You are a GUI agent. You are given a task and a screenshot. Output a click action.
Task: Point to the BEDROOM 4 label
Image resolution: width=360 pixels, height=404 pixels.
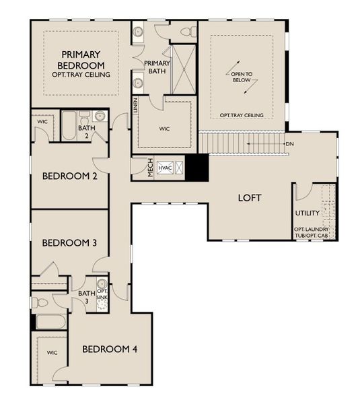click(110, 349)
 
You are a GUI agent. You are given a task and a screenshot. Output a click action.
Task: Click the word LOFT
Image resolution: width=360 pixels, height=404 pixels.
click(249, 198)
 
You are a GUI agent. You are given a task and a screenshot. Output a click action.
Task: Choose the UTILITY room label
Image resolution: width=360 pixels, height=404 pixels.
click(307, 213)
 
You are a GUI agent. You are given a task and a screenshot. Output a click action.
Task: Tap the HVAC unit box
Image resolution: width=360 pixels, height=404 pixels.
click(166, 168)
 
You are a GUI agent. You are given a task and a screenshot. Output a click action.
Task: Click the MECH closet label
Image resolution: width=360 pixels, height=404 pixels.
click(152, 168)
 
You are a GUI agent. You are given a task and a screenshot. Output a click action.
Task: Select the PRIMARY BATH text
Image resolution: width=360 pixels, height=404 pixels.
click(157, 66)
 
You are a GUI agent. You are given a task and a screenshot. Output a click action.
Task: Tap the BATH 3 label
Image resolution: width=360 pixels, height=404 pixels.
click(86, 297)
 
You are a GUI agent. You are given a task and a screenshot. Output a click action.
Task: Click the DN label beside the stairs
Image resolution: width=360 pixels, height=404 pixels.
click(289, 144)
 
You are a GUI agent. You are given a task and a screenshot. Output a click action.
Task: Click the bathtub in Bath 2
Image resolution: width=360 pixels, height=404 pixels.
click(69, 125)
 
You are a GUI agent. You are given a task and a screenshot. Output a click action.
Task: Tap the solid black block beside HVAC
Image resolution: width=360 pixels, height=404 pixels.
click(196, 168)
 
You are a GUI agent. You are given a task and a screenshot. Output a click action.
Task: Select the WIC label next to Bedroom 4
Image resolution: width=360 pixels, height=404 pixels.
click(52, 353)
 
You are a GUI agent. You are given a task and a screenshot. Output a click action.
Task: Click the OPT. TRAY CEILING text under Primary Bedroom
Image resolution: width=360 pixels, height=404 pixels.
click(81, 74)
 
